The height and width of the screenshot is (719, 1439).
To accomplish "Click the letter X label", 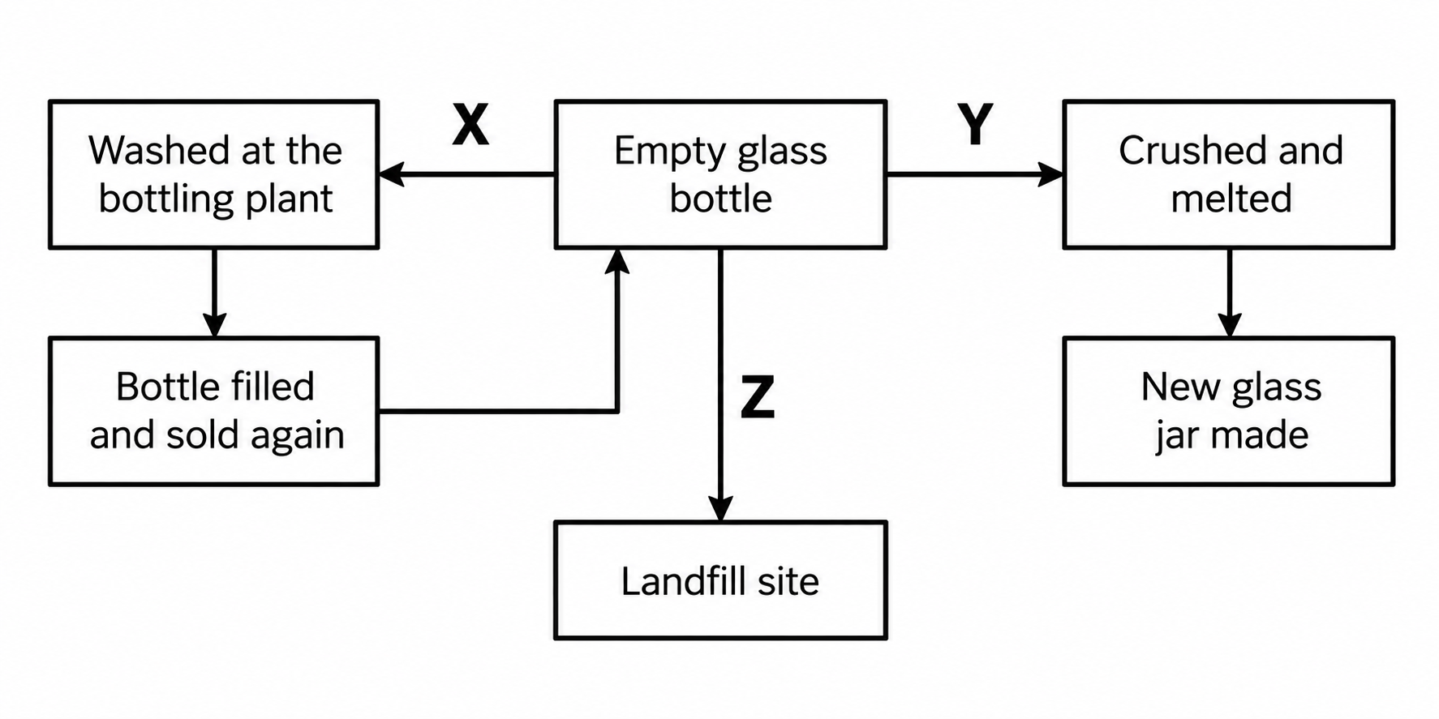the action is pos(470,124).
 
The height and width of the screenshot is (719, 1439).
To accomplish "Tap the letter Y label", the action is pos(975,124).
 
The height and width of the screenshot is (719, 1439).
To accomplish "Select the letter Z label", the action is pos(758,397).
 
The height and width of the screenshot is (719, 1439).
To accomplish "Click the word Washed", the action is pos(159,151).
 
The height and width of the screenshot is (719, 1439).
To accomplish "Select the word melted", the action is pos(1231,199).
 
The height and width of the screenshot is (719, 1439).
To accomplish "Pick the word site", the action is pos(789,581).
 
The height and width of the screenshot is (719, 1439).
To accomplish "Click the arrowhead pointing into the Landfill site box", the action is pos(720,509).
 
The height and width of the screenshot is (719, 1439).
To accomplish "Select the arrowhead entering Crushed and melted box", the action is pos(1051,174).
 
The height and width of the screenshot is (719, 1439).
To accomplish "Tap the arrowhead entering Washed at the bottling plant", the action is pos(392,174).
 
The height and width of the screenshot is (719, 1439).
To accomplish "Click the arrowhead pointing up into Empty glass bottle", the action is pos(618,261).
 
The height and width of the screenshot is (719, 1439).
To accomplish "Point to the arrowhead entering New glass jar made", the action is pos(1230,325).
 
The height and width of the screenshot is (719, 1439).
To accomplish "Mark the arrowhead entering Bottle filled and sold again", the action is pos(214,325).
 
